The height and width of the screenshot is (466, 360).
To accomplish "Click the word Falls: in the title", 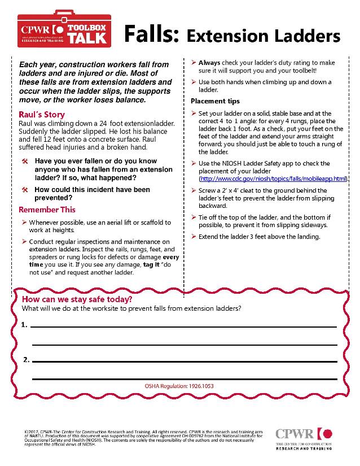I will [151, 34].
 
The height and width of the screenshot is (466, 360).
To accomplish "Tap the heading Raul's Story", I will [42, 115].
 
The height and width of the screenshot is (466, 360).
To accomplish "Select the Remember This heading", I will [47, 210].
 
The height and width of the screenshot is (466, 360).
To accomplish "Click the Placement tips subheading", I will [215, 101].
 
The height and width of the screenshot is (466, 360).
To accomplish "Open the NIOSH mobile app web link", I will [273, 178].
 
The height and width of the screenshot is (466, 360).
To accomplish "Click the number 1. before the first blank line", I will [24, 325].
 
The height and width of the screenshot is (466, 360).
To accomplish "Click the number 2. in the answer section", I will [26, 360].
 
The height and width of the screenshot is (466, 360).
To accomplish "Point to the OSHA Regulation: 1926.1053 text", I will [179, 386].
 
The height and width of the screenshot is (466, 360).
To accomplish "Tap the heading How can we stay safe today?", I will [77, 299].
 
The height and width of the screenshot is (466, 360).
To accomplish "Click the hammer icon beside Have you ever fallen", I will [25, 162].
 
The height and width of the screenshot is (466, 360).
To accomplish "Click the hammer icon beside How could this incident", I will [25, 190].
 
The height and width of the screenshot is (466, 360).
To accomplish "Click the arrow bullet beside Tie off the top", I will [194, 217].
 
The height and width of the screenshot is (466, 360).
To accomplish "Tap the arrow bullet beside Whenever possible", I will [24, 223].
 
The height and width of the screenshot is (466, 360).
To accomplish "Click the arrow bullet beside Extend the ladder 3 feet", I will [194, 236].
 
